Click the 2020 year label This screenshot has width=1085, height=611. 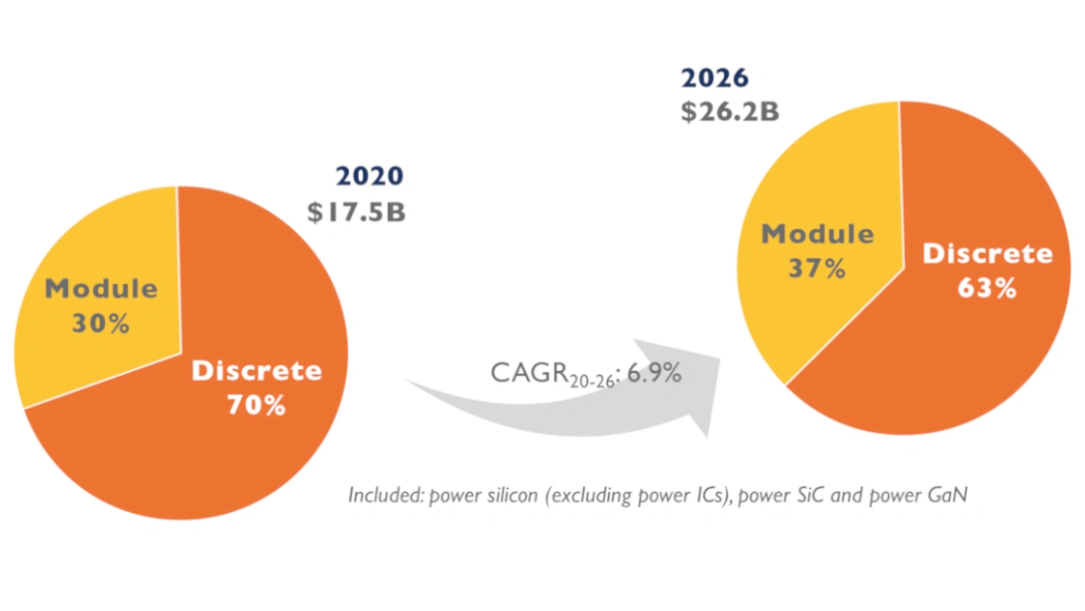pos(370,176)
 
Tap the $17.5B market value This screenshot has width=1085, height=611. pos(356,212)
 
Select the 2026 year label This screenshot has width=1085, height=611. pos(715,78)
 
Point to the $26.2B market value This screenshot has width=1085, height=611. pos(730,112)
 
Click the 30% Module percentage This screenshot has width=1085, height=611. pos(101,323)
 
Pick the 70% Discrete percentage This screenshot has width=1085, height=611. pos(256,405)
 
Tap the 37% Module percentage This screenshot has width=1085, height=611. pos(817,269)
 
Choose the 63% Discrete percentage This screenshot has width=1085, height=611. pos(987,289)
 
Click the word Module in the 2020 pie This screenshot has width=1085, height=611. pos(101,288)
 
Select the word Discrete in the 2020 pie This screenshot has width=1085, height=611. pos(257,370)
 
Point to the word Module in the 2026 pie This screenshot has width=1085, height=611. pos(817,234)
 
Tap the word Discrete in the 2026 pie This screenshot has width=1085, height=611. pos(988,253)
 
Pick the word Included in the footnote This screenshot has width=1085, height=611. pos(384,495)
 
